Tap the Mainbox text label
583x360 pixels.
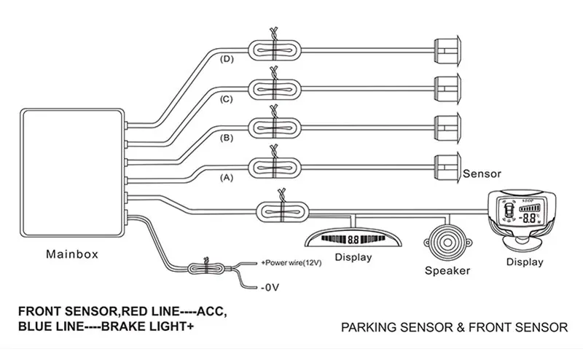[71, 255]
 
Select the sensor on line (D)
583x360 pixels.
[445, 50]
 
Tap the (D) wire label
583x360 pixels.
[226, 59]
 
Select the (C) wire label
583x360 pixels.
[226, 98]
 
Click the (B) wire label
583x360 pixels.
[226, 137]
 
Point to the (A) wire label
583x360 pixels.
[226, 176]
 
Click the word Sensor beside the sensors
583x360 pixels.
[482, 174]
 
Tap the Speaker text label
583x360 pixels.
[447, 271]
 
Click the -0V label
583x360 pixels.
[270, 288]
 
